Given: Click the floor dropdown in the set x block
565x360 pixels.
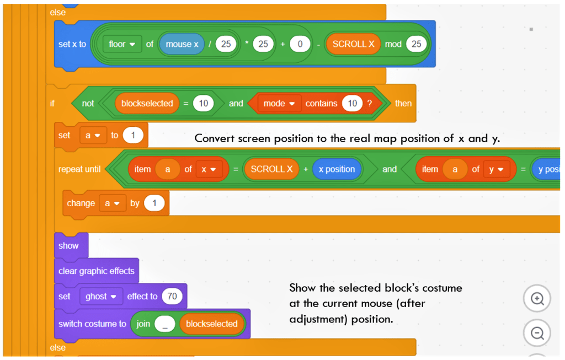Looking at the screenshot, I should pos(122,44).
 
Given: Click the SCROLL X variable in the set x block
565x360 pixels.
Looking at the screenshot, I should pos(353,44).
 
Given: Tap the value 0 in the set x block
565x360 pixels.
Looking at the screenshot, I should pos(299,44).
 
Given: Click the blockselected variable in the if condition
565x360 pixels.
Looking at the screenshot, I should pos(147,103).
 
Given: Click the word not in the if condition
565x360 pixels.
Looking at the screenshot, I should pos(88,103).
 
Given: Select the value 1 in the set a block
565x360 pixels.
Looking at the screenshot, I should pos(133,135).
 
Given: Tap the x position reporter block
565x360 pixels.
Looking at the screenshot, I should pos(337,169).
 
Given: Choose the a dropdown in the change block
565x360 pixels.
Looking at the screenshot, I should pos(113,203).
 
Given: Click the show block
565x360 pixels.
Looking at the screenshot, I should pos(69,246).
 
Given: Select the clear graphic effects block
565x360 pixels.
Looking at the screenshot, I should pos(96,271).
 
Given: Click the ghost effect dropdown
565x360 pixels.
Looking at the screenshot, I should pos(100,297).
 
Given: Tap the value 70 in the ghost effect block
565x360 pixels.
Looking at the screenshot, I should pos(172,297).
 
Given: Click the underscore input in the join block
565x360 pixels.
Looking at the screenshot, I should pos(164,324).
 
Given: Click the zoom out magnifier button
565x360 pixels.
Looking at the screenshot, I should pos(537,334).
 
